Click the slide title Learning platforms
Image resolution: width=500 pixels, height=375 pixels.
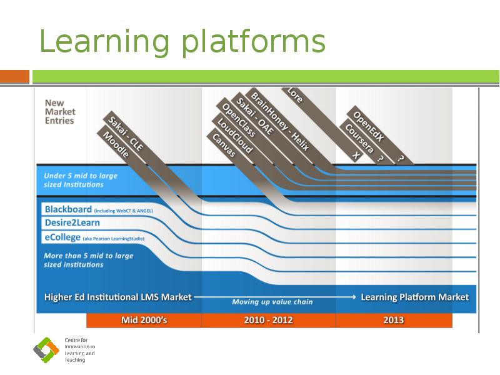coord(182,42)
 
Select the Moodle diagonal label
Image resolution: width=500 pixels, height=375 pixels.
coord(116,144)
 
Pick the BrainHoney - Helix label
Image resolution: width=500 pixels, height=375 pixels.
coord(280,119)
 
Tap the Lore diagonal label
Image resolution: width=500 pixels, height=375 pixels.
coord(294,95)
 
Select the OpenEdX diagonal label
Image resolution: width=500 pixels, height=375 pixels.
coord(368,126)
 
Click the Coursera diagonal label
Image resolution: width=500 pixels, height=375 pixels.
coord(359,137)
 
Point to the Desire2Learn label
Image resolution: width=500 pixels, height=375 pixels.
coord(72,222)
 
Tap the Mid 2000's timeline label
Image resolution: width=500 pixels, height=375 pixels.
coord(144,320)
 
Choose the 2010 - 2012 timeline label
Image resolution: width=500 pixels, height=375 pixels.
coord(268,320)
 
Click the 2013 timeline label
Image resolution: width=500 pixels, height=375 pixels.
coord(394,320)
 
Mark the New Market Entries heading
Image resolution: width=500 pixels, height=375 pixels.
coord(59,111)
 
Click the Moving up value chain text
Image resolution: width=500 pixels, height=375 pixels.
coord(272,302)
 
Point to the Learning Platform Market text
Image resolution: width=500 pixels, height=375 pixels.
coord(414,297)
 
